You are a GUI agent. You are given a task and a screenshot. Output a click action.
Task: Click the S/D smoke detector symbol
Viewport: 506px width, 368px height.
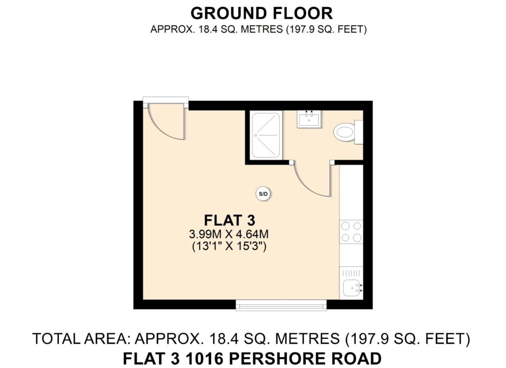coord(263,194)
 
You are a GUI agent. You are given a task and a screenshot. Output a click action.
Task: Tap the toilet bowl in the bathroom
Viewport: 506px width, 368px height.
coord(344,132)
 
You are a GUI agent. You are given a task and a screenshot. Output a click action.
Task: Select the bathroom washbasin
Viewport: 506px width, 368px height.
coord(309,119)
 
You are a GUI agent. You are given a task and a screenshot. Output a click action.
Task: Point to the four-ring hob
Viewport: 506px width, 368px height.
coord(351,232)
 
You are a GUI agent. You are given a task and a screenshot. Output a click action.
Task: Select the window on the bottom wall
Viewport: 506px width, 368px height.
coord(281,305)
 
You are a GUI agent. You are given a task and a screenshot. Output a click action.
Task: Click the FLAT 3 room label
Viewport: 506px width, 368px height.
coord(229,220)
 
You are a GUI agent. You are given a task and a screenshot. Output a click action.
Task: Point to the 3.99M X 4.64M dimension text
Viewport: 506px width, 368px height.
coord(229,234)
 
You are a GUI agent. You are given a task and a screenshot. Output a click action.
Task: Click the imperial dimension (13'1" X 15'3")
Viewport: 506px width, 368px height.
coord(229,246)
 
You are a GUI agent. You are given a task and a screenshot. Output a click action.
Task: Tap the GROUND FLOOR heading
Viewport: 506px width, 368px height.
coord(262,13)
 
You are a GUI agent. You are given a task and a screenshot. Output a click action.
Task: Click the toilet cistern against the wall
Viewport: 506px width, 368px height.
coord(359,132)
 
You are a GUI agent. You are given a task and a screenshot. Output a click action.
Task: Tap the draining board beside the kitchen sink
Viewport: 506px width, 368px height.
coord(351,273)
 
